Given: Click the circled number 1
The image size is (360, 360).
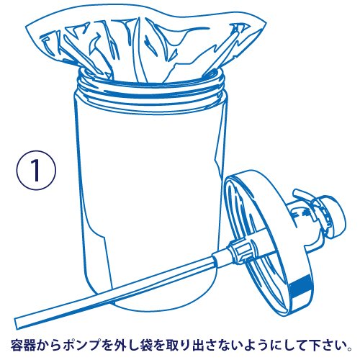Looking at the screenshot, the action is click(36, 170).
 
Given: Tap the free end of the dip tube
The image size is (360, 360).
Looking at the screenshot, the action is click(17, 324).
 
